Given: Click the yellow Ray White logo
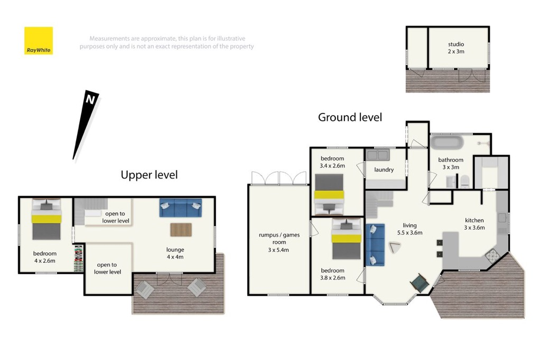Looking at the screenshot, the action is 38,41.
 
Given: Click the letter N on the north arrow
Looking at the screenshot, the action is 90,100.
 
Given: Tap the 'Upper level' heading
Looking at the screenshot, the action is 149,175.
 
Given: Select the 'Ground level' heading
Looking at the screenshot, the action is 350,117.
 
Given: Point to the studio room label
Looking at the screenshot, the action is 456,48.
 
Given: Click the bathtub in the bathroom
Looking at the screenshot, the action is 447,143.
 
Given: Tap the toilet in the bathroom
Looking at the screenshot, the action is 465,182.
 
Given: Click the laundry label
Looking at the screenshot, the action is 384,169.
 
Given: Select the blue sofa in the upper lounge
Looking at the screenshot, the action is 181,207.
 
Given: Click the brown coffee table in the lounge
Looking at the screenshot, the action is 181,230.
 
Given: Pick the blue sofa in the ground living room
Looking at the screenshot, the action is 375,245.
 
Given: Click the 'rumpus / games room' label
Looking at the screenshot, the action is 279,242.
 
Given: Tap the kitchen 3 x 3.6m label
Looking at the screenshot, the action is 474,224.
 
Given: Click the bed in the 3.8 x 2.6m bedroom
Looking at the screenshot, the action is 347,239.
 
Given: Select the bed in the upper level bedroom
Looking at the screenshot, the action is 46,219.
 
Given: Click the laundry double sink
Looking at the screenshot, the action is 378,155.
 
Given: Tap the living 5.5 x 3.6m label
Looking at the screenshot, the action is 409,229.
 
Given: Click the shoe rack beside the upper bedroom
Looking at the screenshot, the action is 79,258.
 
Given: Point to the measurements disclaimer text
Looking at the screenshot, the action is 166,42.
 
